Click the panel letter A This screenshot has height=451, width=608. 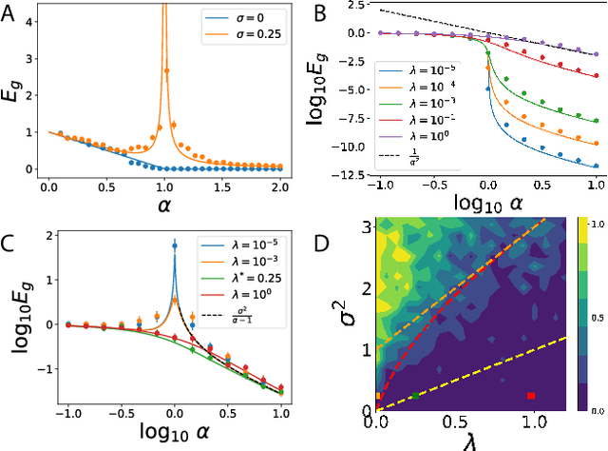(x=10, y=13)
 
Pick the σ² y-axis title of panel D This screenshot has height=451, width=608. (x=337, y=314)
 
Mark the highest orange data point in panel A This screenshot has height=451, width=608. (x=167, y=69)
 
